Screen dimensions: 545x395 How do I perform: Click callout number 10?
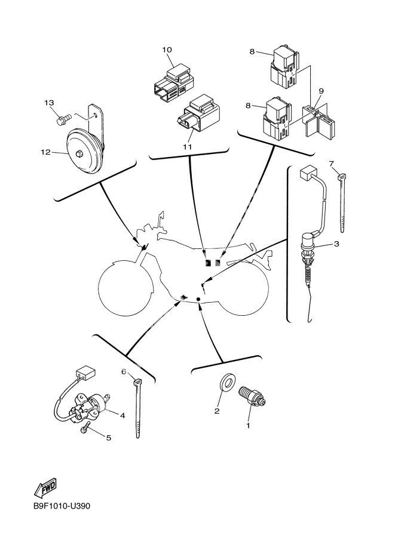[167, 50]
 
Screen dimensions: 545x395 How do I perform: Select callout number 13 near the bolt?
[49, 103]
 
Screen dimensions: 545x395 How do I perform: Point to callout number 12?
[45, 152]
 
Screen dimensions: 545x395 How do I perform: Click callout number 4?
[122, 415]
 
